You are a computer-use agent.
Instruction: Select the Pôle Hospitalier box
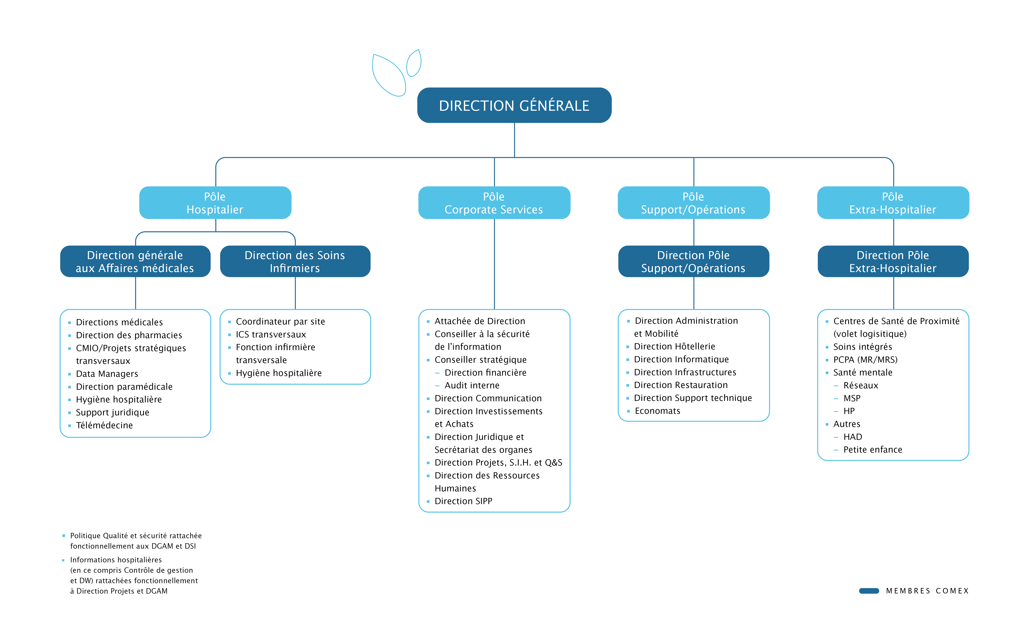[215, 203]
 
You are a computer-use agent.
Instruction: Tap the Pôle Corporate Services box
[494, 203]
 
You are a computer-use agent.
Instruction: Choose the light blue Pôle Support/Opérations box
[693, 203]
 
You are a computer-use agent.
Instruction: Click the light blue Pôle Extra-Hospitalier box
[893, 203]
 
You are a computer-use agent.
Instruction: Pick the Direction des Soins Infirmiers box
[295, 262]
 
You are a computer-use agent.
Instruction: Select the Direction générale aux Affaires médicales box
[135, 262]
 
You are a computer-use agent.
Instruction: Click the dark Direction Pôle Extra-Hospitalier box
[893, 262]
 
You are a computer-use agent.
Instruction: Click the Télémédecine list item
[104, 425]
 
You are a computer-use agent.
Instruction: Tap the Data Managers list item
[107, 374]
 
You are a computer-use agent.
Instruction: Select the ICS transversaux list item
[271, 335]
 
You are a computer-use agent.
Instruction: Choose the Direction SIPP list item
[463, 501]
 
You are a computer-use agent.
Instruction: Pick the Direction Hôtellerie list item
[674, 347]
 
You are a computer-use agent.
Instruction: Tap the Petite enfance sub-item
[873, 450]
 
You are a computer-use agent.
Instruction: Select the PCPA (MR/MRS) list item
[865, 360]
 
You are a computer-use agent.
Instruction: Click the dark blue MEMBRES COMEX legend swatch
[869, 591]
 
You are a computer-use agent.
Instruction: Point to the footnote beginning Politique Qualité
[136, 541]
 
